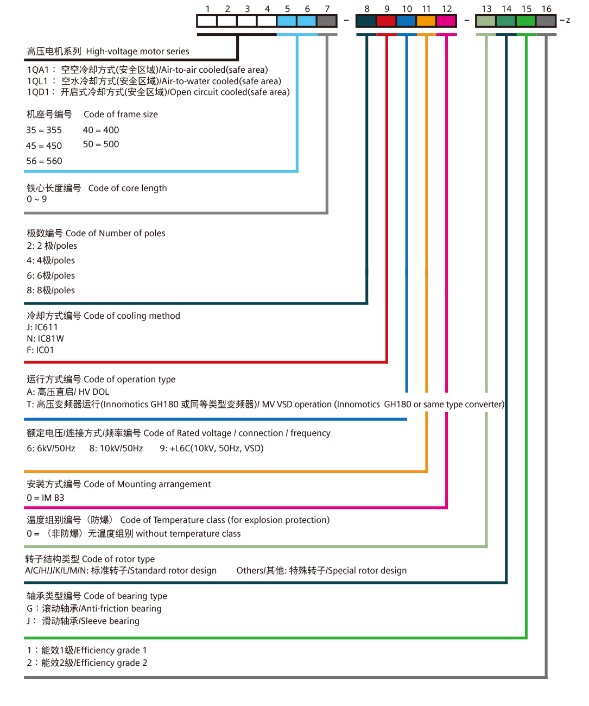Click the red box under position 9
[386, 21]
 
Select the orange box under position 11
[426, 21]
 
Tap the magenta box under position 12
[446, 21]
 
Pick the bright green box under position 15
[525, 21]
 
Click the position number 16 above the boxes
[546, 9]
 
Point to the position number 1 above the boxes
[207, 9]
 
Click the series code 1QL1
[37, 81]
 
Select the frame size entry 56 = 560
[45, 161]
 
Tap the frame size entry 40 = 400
[101, 130]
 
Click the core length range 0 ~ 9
[37, 199]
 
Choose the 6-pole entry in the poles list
[50, 275]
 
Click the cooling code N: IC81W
[45, 338]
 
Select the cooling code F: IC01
[40, 350]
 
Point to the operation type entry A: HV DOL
[68, 392]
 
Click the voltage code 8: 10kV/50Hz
[116, 449]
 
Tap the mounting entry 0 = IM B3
[45, 497]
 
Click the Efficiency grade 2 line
[87, 663]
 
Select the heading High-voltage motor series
[137, 52]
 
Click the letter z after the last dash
[568, 21]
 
